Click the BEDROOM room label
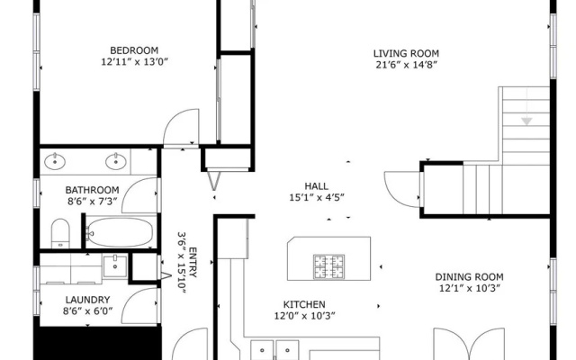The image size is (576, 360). pos(134,50)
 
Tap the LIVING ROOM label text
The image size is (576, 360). pos(406,53)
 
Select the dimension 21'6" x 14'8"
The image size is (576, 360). pos(407,65)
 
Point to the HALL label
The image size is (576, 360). pos(316,186)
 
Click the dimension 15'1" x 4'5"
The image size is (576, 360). pos(317,198)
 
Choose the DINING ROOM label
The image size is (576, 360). pos(469,277)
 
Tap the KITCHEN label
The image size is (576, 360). pos(304,304)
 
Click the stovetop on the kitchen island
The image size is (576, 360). pos(328,266)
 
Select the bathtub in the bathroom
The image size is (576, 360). pos(120,232)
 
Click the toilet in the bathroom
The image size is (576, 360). pos(60,234)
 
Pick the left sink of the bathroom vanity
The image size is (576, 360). pos(55,161)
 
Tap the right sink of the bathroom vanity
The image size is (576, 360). pos(116,161)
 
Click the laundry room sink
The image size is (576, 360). pos(115,266)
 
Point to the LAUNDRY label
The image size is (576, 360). pos(87,300)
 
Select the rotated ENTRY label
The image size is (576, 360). pos(193,262)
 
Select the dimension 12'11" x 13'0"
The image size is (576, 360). pos(134,62)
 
